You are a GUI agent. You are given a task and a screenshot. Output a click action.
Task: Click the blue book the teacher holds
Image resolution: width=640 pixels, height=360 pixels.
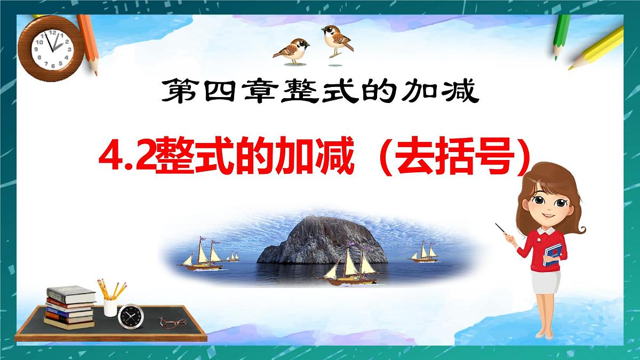pos(553,255)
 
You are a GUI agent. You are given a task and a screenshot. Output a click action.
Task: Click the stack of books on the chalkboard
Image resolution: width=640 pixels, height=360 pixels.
pos(69,307)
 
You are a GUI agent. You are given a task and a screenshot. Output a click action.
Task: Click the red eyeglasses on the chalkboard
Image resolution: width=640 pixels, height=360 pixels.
pos(171,323)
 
